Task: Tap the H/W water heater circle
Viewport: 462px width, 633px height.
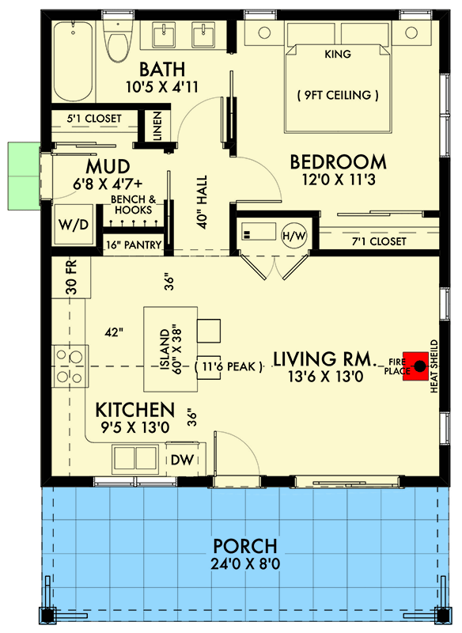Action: click(293, 234)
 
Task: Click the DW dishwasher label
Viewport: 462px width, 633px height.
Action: click(179, 459)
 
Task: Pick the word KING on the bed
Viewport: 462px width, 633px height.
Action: click(338, 55)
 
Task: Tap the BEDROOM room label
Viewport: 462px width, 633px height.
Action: click(338, 162)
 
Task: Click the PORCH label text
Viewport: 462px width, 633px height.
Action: click(244, 546)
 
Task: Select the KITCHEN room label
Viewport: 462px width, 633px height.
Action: click(134, 410)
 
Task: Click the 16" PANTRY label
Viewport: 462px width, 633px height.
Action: click(136, 244)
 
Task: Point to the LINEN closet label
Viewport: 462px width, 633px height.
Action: click(157, 125)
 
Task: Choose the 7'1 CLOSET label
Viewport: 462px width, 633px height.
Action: click(377, 241)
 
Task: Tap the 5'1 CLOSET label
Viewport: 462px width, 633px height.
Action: click(94, 119)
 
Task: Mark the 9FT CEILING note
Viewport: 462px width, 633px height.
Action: click(338, 96)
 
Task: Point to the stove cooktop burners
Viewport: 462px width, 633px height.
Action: click(70, 366)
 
